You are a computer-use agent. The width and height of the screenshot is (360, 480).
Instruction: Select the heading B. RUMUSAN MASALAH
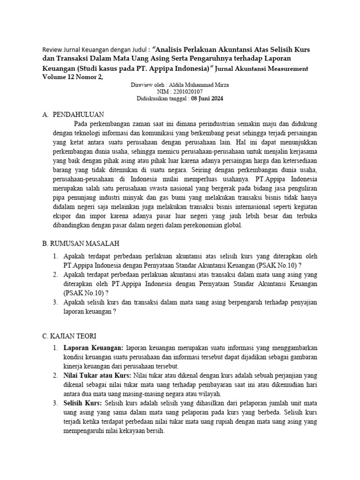81,244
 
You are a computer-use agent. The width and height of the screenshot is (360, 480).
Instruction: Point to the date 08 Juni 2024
207,99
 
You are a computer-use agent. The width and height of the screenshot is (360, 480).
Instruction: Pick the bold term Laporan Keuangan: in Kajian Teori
93,348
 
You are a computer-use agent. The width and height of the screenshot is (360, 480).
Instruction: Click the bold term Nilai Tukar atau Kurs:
97,375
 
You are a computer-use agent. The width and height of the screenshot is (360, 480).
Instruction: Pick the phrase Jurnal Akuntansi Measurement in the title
264,69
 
